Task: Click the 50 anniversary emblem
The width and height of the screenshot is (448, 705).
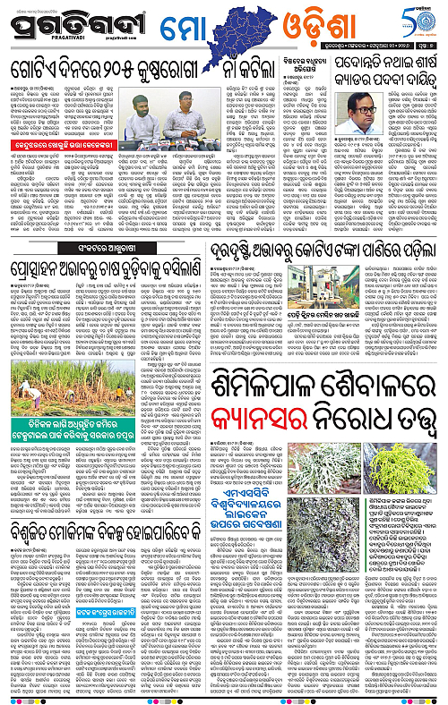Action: coord(420,27)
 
